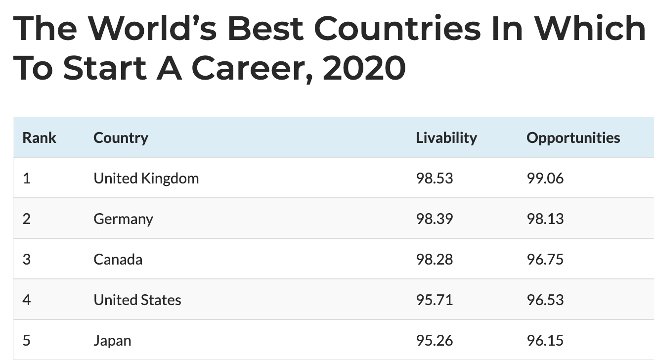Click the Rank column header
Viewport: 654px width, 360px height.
[x=40, y=137]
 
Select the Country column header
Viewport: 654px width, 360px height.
[x=121, y=137]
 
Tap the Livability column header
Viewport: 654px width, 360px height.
[x=446, y=137]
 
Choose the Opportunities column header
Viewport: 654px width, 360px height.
[x=573, y=137]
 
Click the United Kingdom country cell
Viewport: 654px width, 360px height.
[x=146, y=178]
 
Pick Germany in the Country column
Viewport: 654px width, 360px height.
[x=123, y=219]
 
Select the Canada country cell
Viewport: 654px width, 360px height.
[x=118, y=259]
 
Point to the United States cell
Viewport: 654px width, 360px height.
[x=137, y=300]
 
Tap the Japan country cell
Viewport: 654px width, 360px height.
[x=112, y=340]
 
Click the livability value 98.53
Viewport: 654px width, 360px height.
[x=434, y=178]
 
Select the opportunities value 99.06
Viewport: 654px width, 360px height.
[x=545, y=178]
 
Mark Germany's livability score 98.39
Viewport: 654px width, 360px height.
[x=434, y=219]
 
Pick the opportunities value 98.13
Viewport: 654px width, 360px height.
[x=545, y=219]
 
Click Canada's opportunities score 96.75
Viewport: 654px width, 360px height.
[x=545, y=259]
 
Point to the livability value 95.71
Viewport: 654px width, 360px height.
[x=434, y=300]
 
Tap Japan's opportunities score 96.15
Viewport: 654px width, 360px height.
[x=545, y=340]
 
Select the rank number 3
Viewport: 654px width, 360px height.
[x=27, y=259]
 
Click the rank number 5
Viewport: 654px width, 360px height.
[x=27, y=340]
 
